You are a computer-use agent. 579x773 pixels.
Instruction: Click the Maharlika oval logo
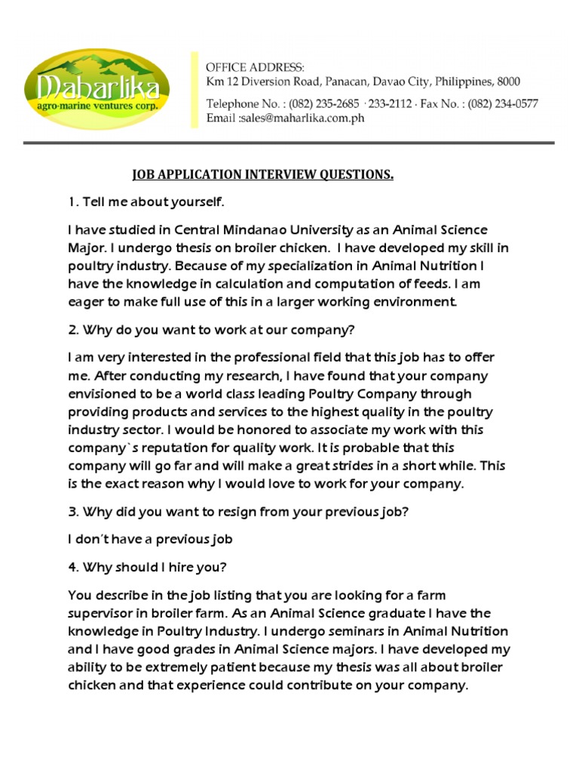tap(96, 89)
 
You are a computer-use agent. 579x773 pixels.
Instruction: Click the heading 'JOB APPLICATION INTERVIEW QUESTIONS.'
tap(263, 176)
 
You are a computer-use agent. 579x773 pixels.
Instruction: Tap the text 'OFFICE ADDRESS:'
tap(256, 68)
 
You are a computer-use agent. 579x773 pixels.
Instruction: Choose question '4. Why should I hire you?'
tap(147, 567)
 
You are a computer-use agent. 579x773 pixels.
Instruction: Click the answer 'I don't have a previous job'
tap(150, 539)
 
